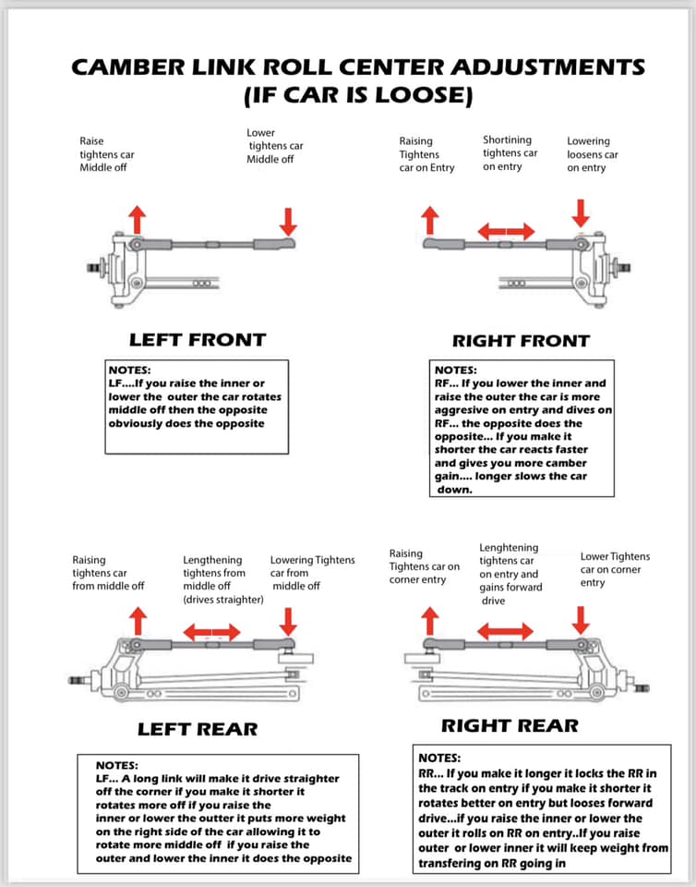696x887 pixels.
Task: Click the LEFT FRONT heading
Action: click(x=197, y=339)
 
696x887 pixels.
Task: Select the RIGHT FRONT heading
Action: click(x=521, y=340)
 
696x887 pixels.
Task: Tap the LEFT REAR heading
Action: click(x=198, y=729)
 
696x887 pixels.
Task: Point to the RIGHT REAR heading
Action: click(x=510, y=725)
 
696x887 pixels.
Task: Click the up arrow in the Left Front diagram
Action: click(x=137, y=219)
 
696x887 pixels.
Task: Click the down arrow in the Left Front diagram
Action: click(x=289, y=220)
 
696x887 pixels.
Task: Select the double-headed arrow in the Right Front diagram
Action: click(x=506, y=230)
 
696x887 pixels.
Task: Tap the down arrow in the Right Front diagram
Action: click(x=581, y=212)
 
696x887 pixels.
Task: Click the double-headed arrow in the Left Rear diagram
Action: click(x=212, y=632)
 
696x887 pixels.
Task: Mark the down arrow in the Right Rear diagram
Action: click(x=581, y=618)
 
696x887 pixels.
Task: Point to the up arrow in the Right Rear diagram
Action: click(x=429, y=619)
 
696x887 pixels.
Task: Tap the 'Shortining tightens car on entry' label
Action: click(x=510, y=152)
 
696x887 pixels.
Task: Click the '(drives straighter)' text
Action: click(x=223, y=599)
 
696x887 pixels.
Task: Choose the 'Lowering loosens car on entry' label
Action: click(x=593, y=154)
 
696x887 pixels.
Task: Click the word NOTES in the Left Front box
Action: click(x=129, y=370)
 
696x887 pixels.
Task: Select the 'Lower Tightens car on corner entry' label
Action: click(x=615, y=569)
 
